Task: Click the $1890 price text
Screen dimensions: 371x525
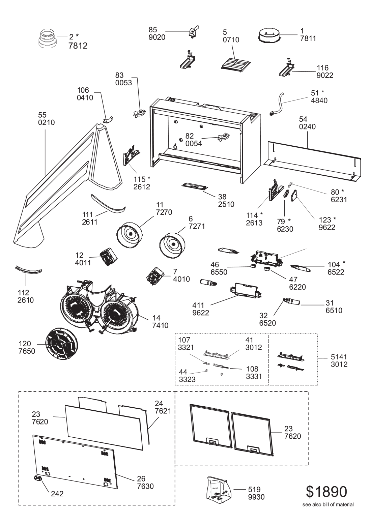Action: (x=326, y=492)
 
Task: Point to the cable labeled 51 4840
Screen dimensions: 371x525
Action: (x=277, y=104)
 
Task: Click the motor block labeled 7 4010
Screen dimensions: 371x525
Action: (x=154, y=276)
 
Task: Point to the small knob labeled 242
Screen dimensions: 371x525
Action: (x=38, y=478)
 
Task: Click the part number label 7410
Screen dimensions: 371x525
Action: (x=160, y=325)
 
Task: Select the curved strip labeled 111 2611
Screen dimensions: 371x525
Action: (x=108, y=203)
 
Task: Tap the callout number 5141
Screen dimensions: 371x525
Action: (x=339, y=357)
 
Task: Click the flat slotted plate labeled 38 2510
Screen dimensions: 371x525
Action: (x=195, y=186)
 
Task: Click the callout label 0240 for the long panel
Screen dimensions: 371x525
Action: (x=307, y=126)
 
